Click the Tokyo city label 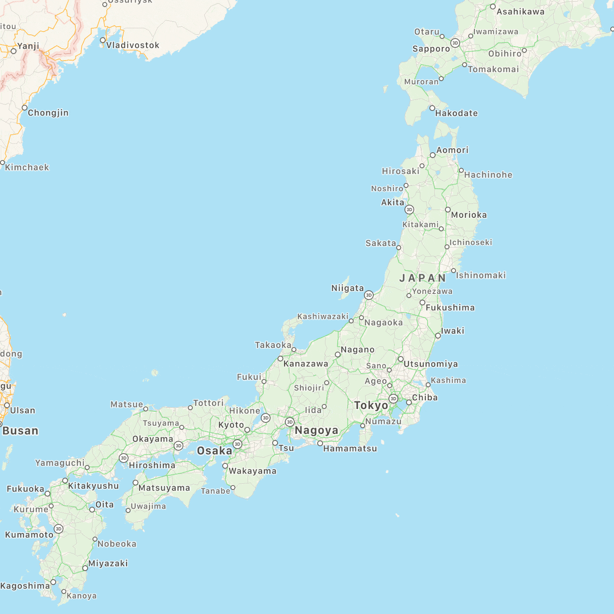(371, 405)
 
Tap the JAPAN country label (422, 278)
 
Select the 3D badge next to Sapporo (455, 43)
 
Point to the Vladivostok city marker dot (103, 40)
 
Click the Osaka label (214, 451)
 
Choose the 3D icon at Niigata (369, 295)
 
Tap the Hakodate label (456, 113)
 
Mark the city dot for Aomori (433, 155)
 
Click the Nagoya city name (316, 430)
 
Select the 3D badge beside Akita (409, 210)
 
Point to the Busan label (20, 431)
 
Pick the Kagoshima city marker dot (53, 582)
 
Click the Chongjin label (48, 113)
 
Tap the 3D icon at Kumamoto (59, 529)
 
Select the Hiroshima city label (152, 465)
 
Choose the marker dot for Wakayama (225, 466)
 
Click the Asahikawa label (520, 12)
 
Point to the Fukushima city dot (422, 302)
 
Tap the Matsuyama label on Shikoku (164, 488)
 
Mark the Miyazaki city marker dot (85, 568)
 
